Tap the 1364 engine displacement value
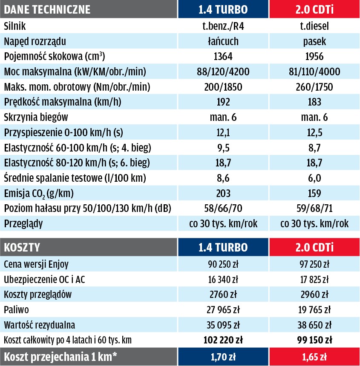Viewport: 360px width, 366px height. click(x=223, y=57)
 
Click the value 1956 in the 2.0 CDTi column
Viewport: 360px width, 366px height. click(x=314, y=57)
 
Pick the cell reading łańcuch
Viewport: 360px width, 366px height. click(x=223, y=42)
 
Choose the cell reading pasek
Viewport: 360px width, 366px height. click(x=314, y=42)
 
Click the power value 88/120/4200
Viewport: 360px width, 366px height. click(x=223, y=72)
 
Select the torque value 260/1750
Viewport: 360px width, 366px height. click(x=314, y=87)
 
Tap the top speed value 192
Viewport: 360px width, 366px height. click(x=223, y=102)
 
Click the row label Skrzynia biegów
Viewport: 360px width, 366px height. click(x=36, y=117)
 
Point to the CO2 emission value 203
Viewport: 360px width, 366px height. click(x=223, y=193)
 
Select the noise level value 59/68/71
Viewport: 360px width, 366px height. click(x=314, y=209)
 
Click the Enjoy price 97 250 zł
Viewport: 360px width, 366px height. click(x=314, y=264)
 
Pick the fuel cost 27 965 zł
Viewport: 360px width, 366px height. click(x=223, y=310)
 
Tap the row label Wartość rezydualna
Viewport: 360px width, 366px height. click(x=40, y=325)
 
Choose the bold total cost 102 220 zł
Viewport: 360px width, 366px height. click(x=223, y=340)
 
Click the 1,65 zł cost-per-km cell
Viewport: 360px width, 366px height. click(x=314, y=357)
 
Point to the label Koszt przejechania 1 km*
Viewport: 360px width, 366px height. click(x=60, y=357)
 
